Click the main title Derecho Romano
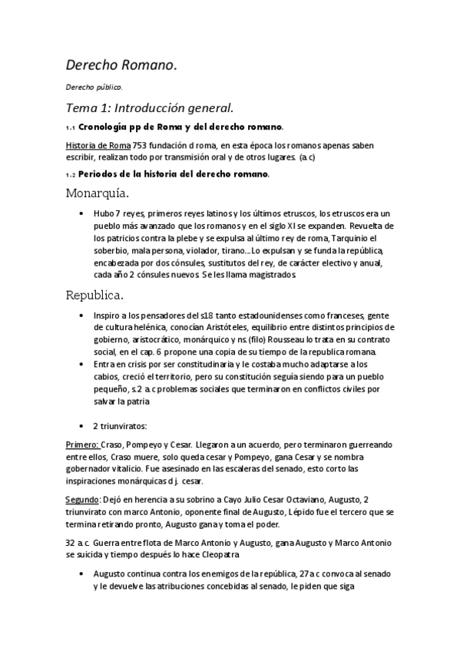point(121,67)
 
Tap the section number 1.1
point(71,127)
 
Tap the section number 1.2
point(71,174)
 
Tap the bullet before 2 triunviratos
point(82,425)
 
